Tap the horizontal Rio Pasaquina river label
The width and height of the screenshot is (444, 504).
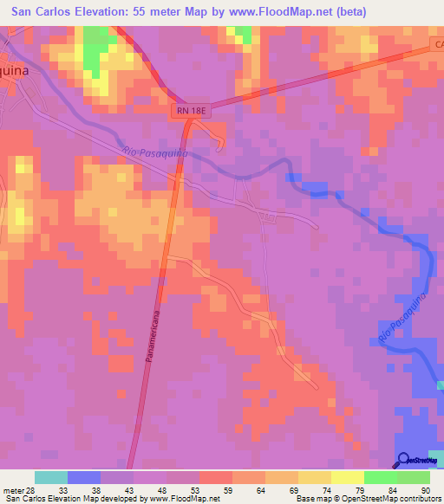[156, 153]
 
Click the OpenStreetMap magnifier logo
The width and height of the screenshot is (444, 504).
[405, 459]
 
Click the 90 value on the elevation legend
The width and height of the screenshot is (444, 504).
[425, 489]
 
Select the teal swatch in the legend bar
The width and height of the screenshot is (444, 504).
[51, 477]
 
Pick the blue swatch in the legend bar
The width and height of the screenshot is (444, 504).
[84, 477]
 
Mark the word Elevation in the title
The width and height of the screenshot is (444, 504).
[116, 11]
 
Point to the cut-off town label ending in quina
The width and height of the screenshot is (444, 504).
[19, 73]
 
